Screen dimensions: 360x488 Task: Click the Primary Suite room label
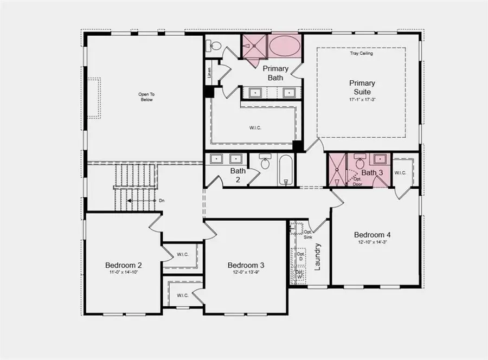click(362, 87)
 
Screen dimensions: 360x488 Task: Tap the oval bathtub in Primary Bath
click(284, 46)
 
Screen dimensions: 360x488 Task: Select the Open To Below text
click(146, 97)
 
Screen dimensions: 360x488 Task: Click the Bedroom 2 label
click(124, 265)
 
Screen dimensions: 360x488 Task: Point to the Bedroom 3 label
click(246, 265)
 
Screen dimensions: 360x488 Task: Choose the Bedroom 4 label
click(372, 235)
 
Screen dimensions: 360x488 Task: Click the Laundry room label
click(318, 256)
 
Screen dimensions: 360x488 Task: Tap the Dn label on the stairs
click(161, 201)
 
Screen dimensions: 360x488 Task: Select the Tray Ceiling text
click(362, 54)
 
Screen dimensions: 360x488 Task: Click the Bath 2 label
click(238, 175)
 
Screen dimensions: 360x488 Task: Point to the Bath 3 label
click(373, 173)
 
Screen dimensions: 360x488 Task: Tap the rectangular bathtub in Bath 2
click(286, 170)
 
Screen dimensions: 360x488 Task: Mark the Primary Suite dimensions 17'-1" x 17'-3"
click(362, 99)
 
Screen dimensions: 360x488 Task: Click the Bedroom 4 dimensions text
click(372, 242)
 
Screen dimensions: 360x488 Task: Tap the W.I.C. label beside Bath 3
click(400, 173)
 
